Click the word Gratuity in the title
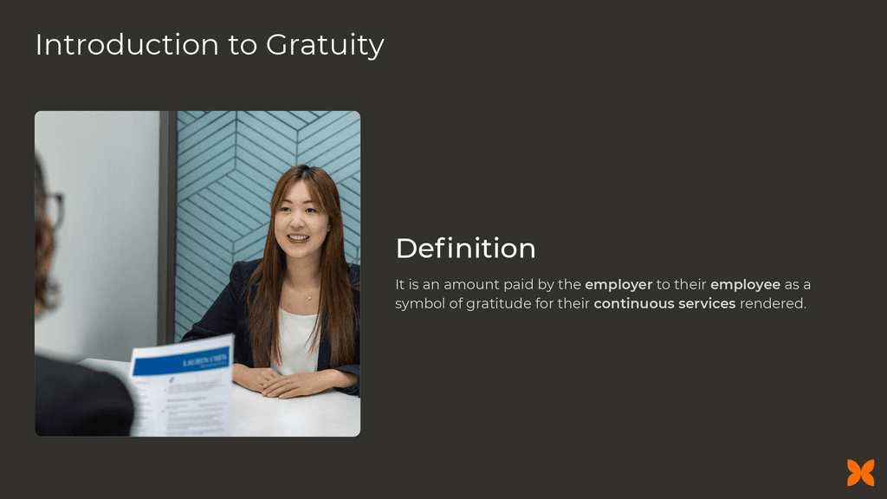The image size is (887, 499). click(x=325, y=45)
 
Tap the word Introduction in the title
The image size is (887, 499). click(x=127, y=44)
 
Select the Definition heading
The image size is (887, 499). click(x=465, y=249)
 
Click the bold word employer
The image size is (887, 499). click(x=618, y=285)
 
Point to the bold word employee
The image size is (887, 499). click(x=745, y=285)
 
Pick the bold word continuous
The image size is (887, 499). click(x=628, y=304)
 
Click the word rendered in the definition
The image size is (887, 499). click(x=772, y=304)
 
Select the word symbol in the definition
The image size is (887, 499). click(x=420, y=304)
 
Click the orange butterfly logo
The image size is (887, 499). click(x=860, y=473)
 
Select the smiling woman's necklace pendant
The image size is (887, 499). click(x=309, y=297)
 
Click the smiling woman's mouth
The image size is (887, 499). click(x=298, y=237)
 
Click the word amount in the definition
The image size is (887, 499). click(x=471, y=285)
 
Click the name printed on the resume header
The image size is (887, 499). click(x=206, y=357)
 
